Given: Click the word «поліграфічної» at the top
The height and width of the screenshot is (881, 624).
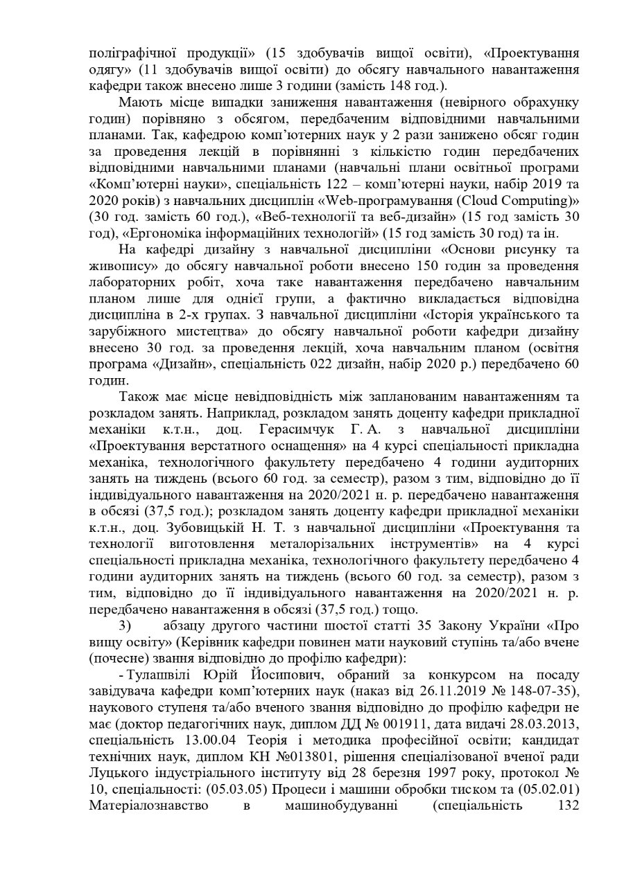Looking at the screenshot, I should point(130,53).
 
